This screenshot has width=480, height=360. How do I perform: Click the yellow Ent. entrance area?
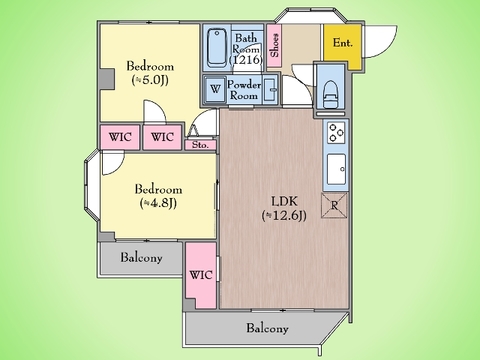[343, 45]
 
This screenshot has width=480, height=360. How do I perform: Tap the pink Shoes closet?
[274, 45]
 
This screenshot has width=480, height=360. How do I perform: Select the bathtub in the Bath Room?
[217, 47]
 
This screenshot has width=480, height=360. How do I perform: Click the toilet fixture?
[330, 94]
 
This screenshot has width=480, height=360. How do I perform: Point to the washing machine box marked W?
[215, 89]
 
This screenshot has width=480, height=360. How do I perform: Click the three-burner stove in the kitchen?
[336, 133]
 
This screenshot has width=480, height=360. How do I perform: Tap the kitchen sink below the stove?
[336, 169]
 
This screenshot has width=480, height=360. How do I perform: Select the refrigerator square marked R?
[334, 205]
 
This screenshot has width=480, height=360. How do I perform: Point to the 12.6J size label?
[284, 216]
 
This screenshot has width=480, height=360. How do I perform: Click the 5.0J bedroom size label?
[150, 80]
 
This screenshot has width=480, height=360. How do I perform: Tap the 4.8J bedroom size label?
[158, 203]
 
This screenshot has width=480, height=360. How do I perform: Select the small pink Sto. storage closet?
[200, 145]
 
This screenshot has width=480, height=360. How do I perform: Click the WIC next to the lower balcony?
[201, 275]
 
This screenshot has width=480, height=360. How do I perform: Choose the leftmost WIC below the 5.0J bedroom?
[120, 137]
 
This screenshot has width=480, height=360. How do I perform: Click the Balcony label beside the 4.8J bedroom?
[141, 258]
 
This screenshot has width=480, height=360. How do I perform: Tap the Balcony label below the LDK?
[267, 328]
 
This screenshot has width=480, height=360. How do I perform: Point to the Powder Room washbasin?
[270, 89]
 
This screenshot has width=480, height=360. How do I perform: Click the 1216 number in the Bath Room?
[246, 60]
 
